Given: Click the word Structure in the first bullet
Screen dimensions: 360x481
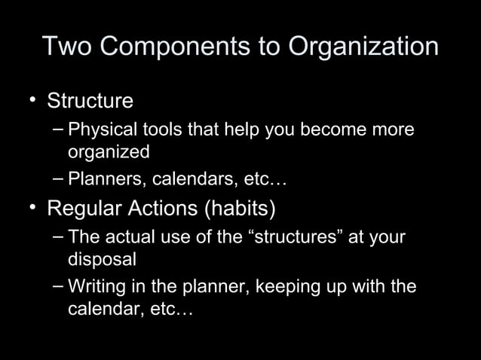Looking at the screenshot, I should coord(90,101).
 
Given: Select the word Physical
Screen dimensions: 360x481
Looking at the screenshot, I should coord(97,130).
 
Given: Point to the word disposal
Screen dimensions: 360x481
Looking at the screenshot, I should coord(103,260).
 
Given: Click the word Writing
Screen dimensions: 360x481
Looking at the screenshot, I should coord(94,287).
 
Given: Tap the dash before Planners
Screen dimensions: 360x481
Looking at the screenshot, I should coord(59,180).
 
